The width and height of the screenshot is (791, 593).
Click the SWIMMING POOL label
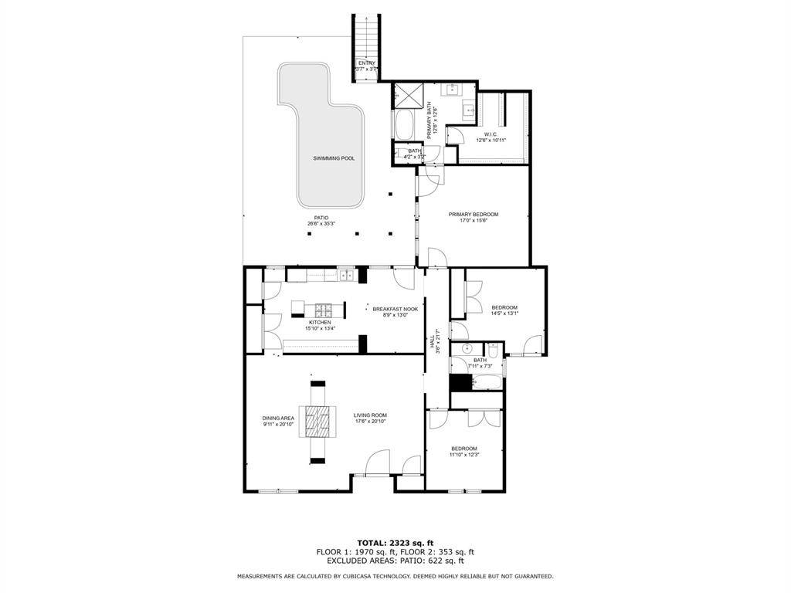click(x=334, y=158)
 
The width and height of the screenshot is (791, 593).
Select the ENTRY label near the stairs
click(x=365, y=63)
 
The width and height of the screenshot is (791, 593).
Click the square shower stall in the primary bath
click(x=406, y=96)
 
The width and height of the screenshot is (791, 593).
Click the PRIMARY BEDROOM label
click(x=474, y=214)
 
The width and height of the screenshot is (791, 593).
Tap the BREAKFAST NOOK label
click(x=395, y=309)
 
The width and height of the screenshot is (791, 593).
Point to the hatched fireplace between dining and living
click(x=318, y=422)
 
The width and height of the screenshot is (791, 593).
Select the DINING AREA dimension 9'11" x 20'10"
click(x=278, y=425)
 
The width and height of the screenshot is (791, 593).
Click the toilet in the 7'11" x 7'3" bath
click(x=494, y=352)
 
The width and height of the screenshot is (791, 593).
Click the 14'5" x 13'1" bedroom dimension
click(x=504, y=313)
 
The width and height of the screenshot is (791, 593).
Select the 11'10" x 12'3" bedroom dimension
click(x=464, y=455)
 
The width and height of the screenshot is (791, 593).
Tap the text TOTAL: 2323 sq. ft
click(x=395, y=542)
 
